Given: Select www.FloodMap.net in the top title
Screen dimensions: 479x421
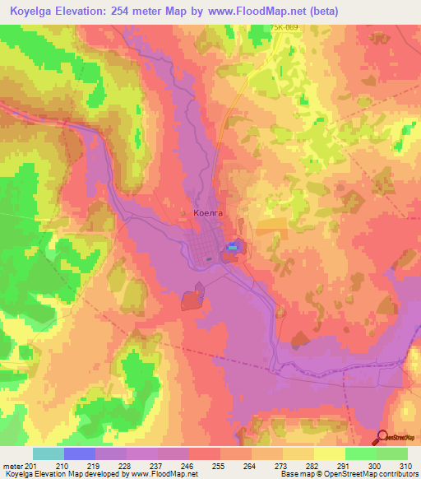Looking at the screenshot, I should [256, 12].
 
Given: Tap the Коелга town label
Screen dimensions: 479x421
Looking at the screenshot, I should [207, 212].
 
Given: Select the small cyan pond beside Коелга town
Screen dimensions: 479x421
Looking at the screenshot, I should [234, 246].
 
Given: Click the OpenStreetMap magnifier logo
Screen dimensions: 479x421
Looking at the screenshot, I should [384, 439].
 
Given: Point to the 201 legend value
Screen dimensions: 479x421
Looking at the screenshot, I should [30, 465].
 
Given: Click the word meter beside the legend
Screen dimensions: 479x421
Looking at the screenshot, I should [12, 465].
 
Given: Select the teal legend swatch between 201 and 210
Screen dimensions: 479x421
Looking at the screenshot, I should [49, 453].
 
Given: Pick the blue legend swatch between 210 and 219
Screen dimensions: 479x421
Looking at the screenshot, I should [80, 453].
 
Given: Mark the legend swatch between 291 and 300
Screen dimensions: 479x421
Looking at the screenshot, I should [361, 453].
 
